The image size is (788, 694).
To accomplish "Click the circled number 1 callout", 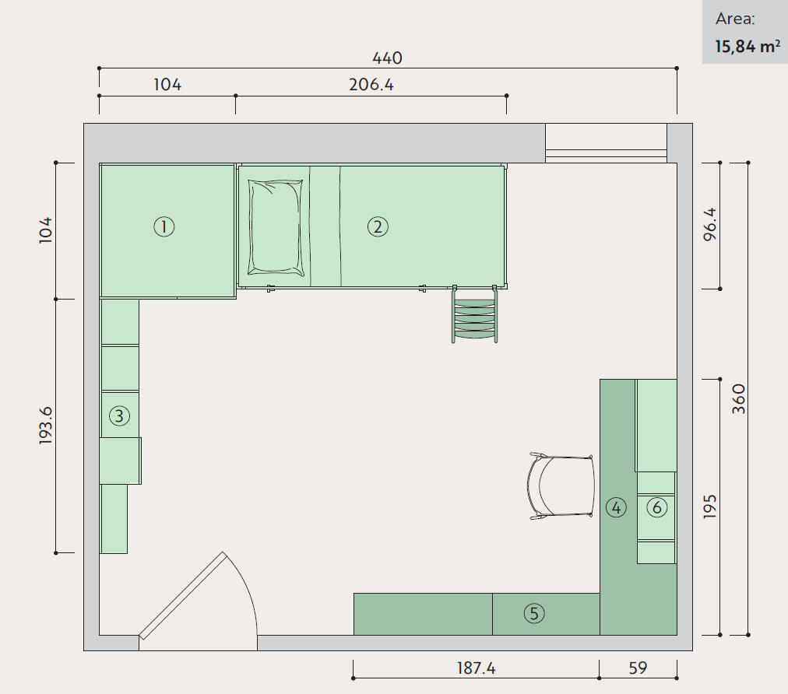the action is coord(164,227).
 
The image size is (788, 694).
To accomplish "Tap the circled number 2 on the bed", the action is coord(378,227).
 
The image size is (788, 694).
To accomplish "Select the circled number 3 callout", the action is coord(119,415).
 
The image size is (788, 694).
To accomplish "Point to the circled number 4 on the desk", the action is coord(616,508).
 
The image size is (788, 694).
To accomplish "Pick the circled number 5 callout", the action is coord(533,613).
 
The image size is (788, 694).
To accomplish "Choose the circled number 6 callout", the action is coord(657,508).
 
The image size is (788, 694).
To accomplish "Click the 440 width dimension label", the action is coord(387,58).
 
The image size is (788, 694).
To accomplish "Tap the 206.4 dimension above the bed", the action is coord(371,84).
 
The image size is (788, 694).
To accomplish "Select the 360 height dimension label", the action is coord(739,398).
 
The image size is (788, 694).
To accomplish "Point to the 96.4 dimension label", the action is coord(710,225).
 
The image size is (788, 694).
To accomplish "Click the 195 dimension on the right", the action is coord(710,506).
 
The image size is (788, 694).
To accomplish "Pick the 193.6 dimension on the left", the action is coord(46,426).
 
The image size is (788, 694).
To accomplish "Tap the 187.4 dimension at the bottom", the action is coord(476,668).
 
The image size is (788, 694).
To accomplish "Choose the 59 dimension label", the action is coord(638,668).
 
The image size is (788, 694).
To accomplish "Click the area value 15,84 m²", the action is coord(748,46).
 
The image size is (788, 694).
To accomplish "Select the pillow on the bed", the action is coord(276,227).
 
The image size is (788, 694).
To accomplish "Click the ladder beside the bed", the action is coord(474,314).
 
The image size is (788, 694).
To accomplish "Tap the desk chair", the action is coord(561,486).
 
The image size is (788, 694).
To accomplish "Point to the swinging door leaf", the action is coord(182,595).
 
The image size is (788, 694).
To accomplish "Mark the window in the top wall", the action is coord(606,143).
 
